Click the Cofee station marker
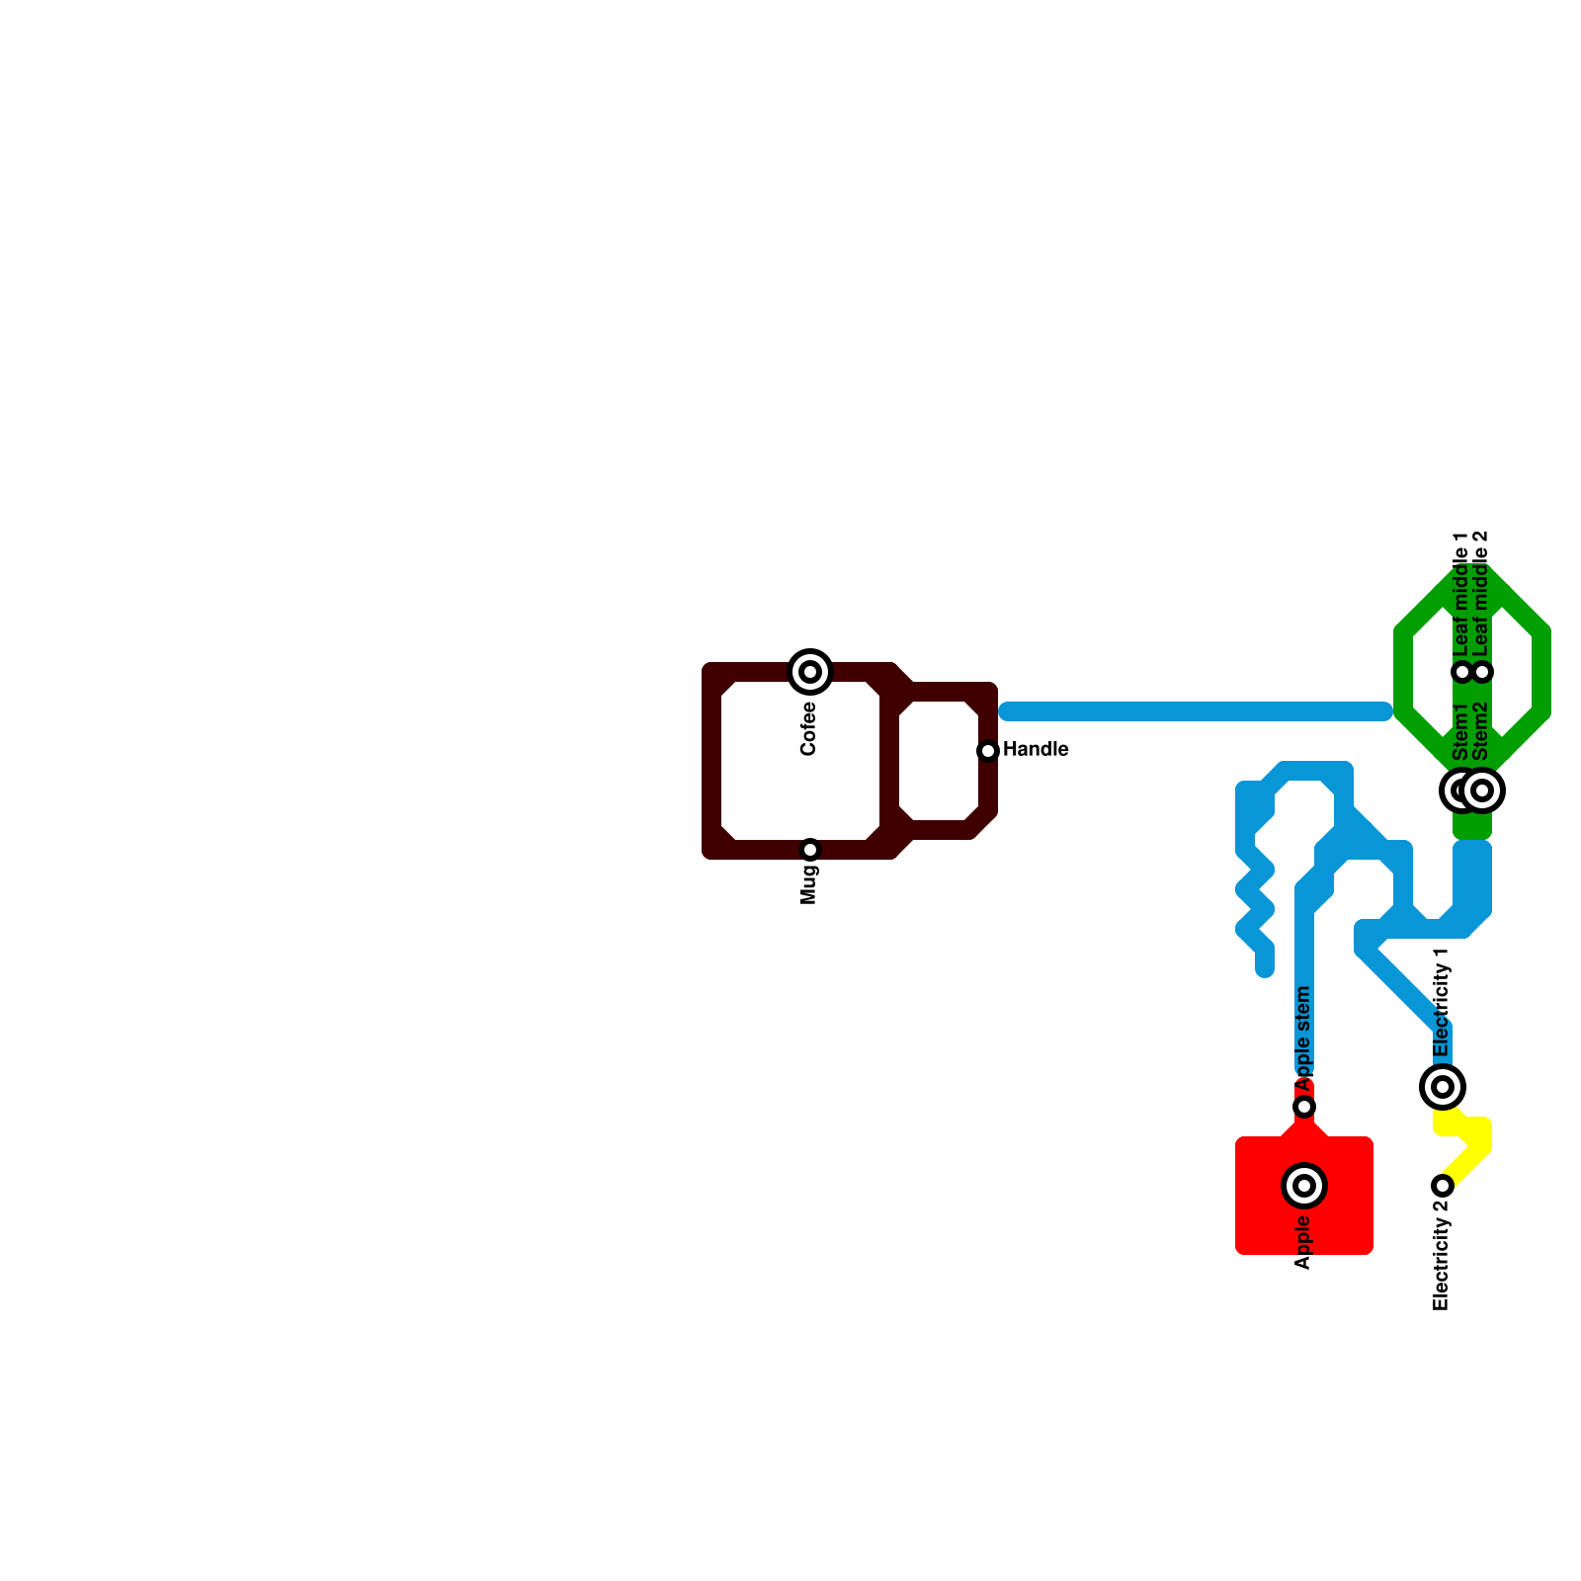810,672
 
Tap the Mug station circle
810,850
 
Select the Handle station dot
988,751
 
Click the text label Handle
1036,750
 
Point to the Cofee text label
809,728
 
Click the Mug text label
809,884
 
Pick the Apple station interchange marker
1304,1186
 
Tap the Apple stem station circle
1304,1107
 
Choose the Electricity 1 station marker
1443,1087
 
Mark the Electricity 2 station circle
1443,1186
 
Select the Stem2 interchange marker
1482,790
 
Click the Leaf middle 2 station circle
1482,672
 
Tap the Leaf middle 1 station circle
1462,672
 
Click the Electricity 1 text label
1442,1003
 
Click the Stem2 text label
1480,731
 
